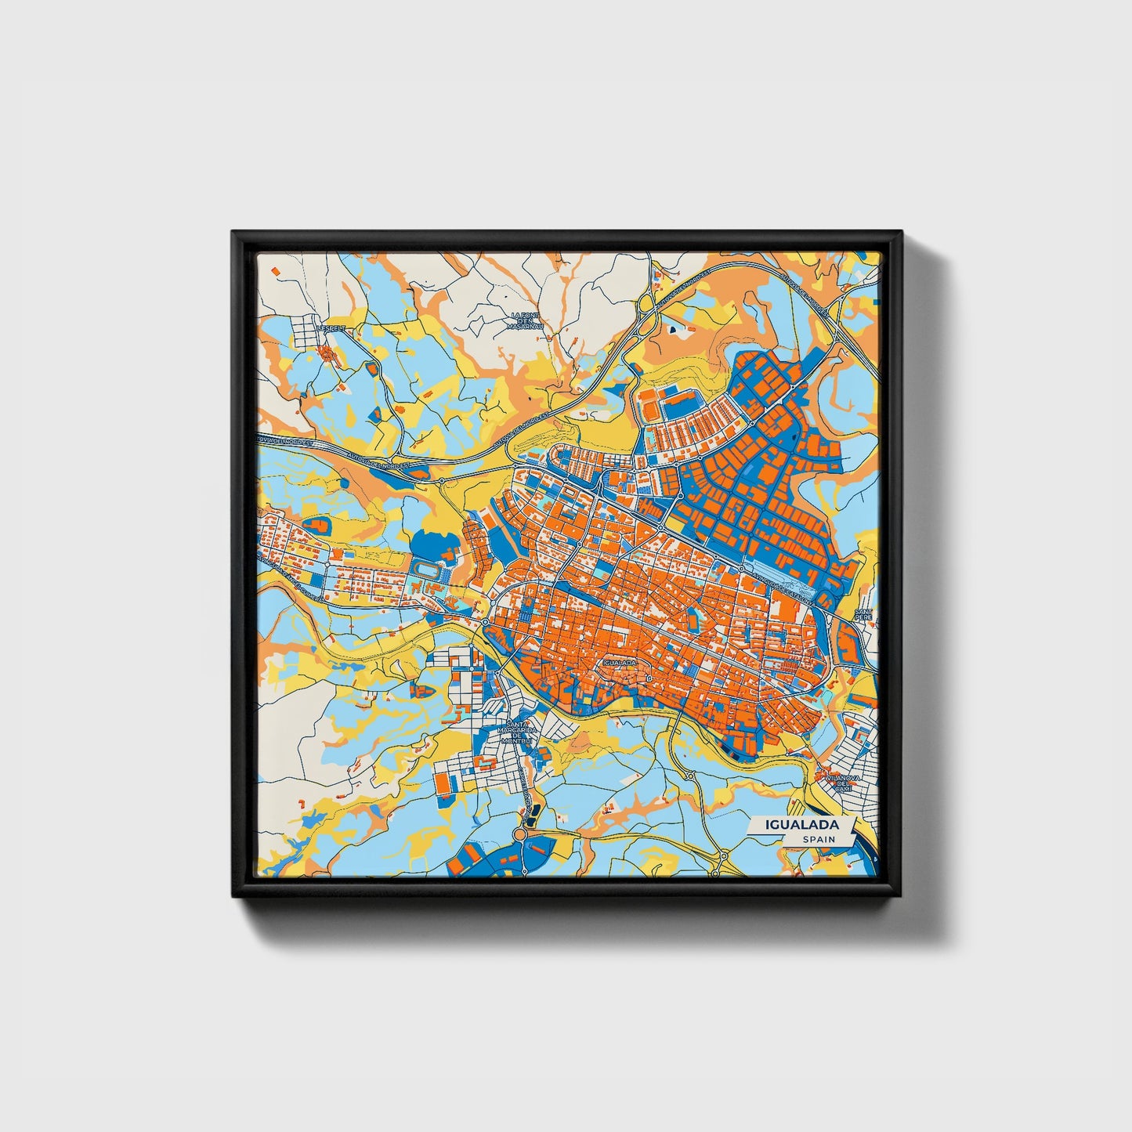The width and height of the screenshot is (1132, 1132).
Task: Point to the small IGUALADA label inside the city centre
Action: tap(620, 662)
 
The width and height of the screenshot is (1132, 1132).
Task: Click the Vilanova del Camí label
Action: tap(842, 783)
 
